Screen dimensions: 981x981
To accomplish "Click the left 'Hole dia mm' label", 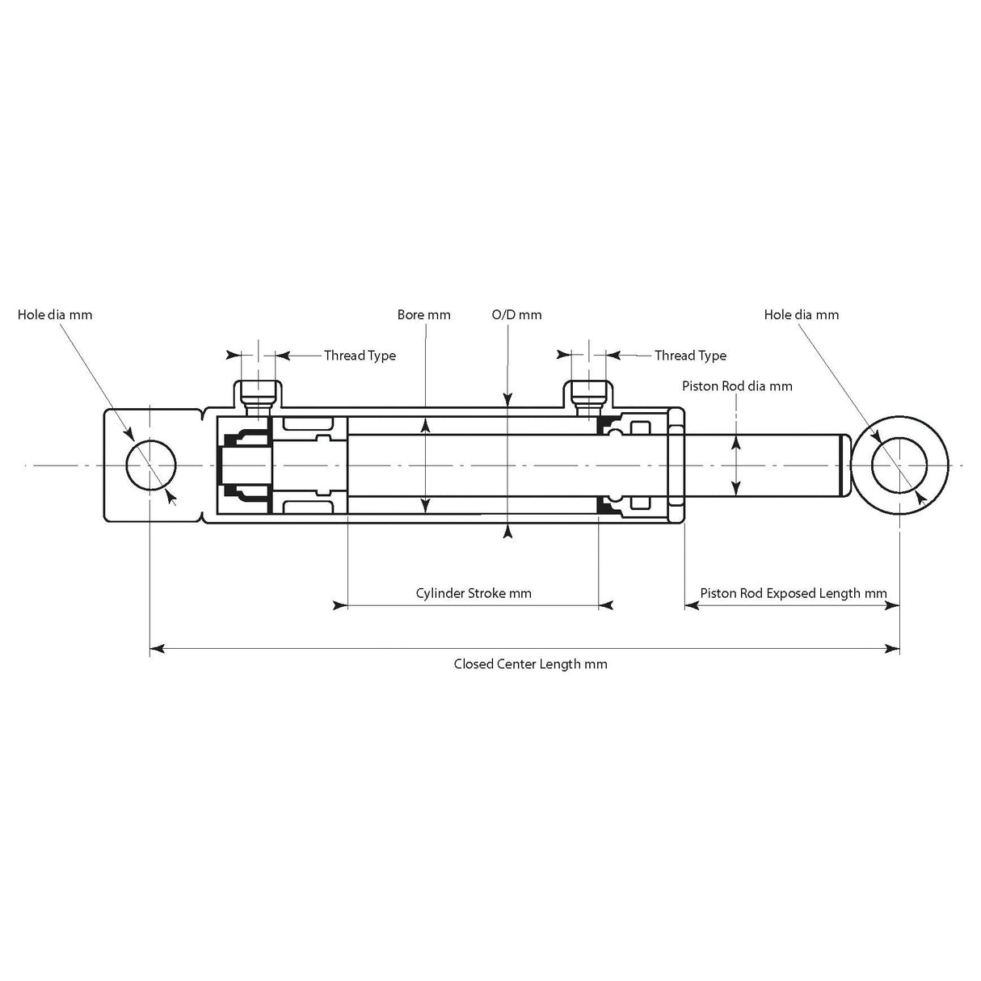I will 55,314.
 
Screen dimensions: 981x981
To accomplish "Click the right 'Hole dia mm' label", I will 801,314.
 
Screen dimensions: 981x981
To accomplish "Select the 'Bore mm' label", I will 423,314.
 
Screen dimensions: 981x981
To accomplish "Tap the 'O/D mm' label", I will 516,314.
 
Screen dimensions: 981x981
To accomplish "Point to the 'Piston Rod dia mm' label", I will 736,385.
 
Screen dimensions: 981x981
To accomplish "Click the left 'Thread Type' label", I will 360,355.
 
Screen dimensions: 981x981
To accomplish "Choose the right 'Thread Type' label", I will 690,355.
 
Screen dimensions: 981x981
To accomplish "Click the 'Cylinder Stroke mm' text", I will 474,593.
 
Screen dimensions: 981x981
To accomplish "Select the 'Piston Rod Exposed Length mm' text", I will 793,593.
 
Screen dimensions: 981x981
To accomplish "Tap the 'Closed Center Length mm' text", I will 530,664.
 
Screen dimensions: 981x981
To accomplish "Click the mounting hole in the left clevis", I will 151,465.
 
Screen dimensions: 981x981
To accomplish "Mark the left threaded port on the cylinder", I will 259,394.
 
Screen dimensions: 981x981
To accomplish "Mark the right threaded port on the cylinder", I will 589,394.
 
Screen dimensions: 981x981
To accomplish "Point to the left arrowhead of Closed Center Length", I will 158,647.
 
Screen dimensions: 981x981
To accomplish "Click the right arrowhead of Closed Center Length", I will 893,647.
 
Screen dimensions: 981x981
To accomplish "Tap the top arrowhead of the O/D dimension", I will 507,398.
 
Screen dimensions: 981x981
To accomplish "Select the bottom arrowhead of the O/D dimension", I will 507,531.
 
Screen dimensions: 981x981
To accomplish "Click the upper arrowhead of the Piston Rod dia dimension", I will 735,441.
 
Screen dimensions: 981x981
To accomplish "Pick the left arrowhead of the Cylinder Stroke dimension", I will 340,604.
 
